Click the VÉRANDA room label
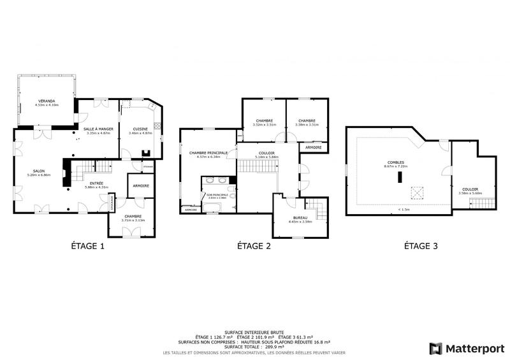47,101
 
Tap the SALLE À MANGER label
99,129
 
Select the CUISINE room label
141,129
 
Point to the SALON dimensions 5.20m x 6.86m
38,175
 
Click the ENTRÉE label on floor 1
97,183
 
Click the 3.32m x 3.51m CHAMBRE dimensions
265,125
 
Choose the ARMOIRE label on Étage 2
313,148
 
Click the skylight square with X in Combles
418,192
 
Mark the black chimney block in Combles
400,178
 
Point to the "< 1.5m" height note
404,209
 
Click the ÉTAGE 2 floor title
254,245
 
